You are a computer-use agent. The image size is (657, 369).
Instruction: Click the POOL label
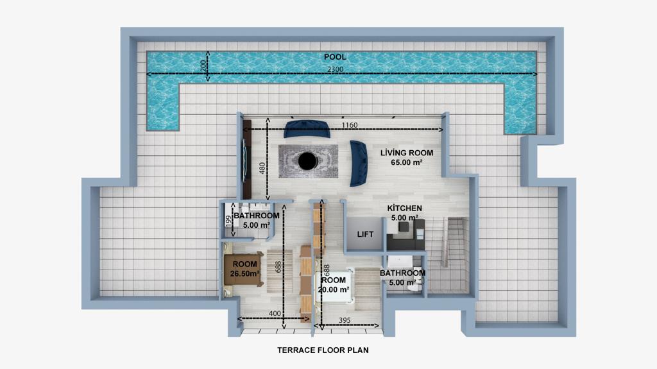click(x=335, y=57)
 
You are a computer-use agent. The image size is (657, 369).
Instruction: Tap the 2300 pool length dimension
click(x=335, y=69)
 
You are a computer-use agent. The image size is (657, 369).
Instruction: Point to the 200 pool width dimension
click(x=203, y=65)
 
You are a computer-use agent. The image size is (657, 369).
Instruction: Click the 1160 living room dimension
click(x=350, y=125)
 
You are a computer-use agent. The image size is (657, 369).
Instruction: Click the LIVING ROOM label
click(x=406, y=153)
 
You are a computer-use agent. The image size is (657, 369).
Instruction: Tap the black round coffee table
click(x=307, y=161)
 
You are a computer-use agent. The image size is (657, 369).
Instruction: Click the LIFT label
click(x=365, y=234)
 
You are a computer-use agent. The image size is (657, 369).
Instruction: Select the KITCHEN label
click(x=404, y=208)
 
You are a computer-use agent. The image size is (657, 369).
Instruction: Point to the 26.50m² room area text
click(x=244, y=273)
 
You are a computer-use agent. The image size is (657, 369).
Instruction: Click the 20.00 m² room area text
click(x=334, y=289)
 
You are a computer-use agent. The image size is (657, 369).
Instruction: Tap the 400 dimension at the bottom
click(x=275, y=314)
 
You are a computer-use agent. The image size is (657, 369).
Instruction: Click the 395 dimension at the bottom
click(x=345, y=320)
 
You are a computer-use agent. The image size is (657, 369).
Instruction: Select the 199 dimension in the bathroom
click(x=228, y=221)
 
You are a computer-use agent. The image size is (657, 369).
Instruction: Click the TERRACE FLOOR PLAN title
click(x=323, y=350)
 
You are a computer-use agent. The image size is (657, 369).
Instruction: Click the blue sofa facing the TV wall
click(x=359, y=164)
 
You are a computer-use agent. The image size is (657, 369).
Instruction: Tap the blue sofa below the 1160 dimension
click(x=307, y=129)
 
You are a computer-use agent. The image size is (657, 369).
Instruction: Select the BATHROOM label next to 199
click(x=257, y=216)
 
